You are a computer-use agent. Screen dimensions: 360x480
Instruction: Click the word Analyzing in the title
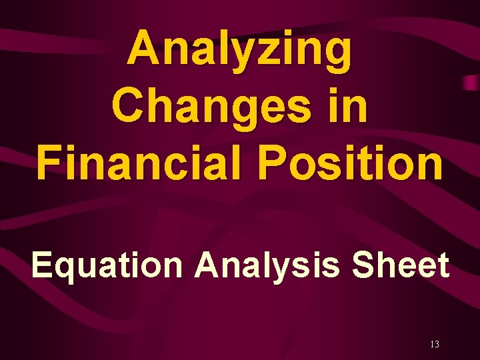[239, 51]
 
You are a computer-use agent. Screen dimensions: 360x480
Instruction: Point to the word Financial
[136, 162]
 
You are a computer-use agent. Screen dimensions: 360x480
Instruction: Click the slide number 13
[435, 344]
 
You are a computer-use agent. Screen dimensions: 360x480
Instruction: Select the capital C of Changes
[129, 107]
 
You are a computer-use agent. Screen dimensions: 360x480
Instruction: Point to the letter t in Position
[371, 162]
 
